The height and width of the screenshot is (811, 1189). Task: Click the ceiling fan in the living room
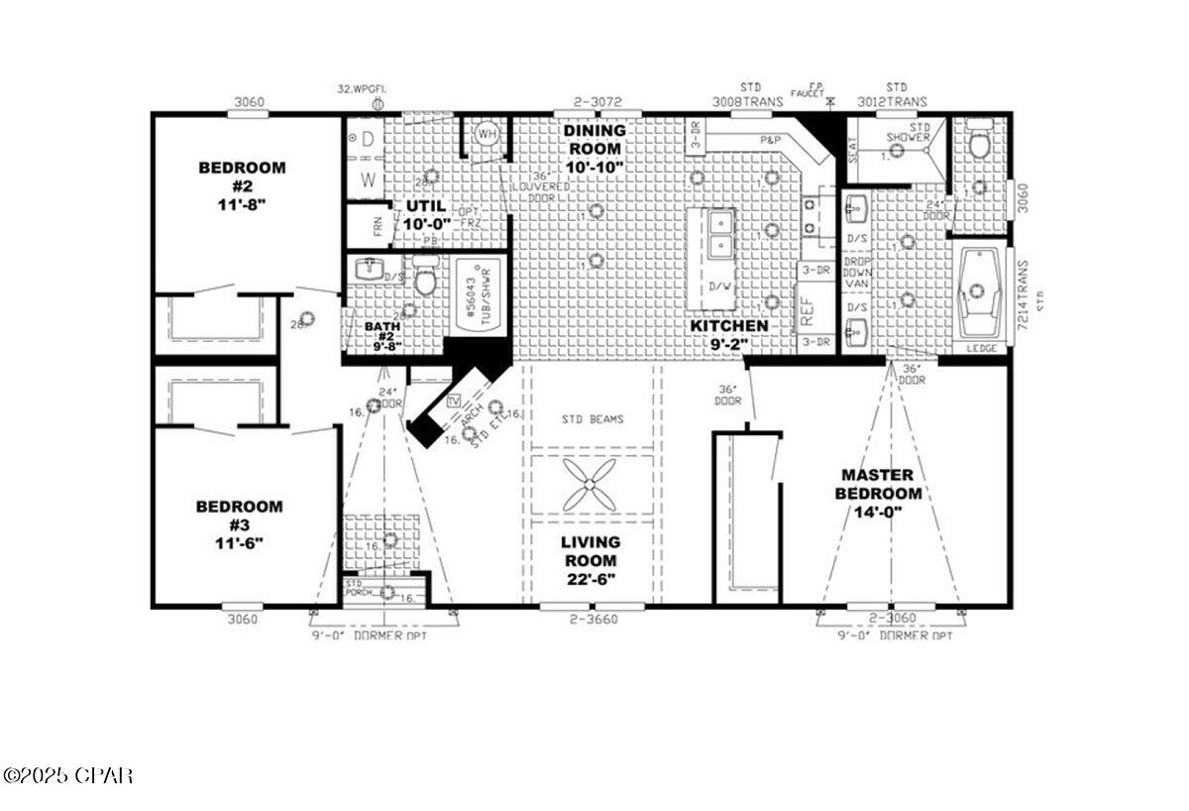coord(592,487)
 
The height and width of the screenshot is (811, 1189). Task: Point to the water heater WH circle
coord(487,133)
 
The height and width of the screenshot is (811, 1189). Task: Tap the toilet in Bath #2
coord(426,280)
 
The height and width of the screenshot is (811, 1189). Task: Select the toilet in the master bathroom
coord(979,145)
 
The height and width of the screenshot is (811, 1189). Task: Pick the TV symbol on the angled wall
coord(455,402)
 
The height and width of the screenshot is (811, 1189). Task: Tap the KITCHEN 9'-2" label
coord(729,335)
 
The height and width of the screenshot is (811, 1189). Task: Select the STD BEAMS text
coord(593,419)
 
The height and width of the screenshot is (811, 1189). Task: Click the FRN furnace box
coord(363,226)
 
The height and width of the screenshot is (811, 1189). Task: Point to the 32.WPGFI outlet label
coord(362,89)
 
